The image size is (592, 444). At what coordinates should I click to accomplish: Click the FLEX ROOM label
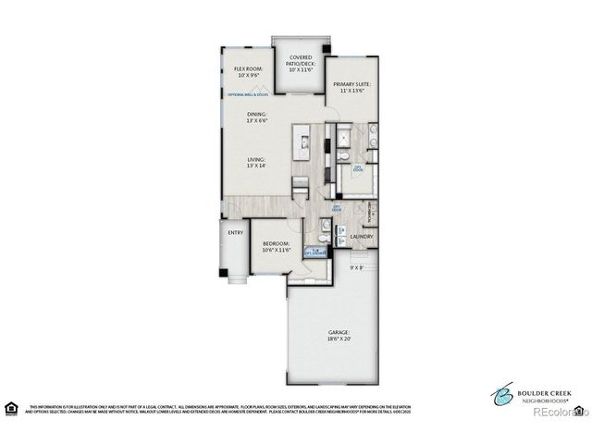pos(248,69)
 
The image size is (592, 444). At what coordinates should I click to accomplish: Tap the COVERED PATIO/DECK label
pos(299,61)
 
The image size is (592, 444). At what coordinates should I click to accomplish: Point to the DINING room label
pos(256,117)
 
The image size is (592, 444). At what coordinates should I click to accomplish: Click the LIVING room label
pos(256,162)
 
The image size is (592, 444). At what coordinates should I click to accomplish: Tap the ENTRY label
pos(235,232)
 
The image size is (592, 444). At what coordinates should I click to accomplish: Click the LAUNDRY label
pos(362,237)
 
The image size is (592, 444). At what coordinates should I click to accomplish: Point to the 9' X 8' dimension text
pos(358,267)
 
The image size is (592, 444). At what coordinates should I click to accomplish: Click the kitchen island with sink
pos(302,142)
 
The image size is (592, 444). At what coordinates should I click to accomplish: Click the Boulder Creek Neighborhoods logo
pos(523,392)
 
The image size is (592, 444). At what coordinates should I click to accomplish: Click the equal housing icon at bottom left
pos(11,408)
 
